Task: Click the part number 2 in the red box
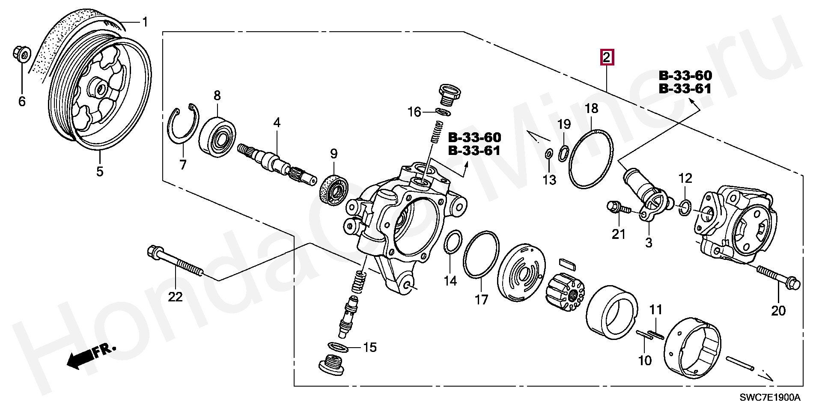pos(607,57)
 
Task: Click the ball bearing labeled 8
pos(218,134)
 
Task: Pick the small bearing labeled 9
pos(334,190)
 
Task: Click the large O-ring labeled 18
pos(591,158)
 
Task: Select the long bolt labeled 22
pos(176,262)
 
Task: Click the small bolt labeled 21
pos(618,208)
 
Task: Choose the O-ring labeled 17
pos(481,255)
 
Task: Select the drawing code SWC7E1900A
pos(769,397)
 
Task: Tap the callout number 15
pos(369,347)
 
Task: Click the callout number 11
pos(655,310)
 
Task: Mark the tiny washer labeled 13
pos(548,153)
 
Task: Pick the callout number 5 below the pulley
pos(99,171)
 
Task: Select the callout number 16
pos(414,112)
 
